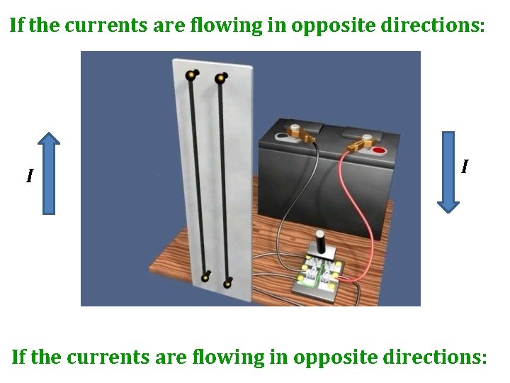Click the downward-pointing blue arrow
(448, 171)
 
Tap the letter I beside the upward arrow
(29, 175)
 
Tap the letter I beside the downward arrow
(464, 167)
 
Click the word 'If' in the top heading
(17, 26)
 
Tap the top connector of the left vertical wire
(190, 74)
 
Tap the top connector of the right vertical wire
(220, 78)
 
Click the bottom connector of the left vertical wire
(205, 277)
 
